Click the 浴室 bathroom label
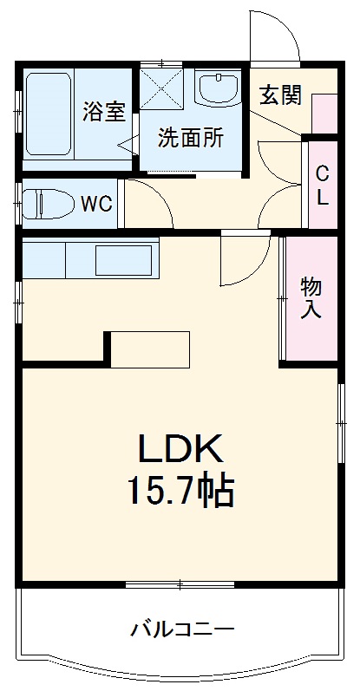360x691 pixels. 104,112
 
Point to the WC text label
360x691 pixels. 95,205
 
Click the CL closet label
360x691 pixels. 322,184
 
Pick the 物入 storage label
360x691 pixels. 311,297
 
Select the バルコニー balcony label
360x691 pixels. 182,629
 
